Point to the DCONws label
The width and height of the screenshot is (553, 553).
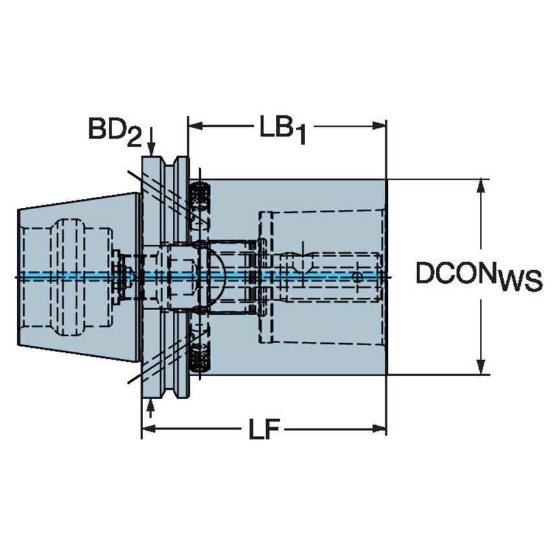coord(478,276)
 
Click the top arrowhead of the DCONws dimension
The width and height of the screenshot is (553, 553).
coord(481,186)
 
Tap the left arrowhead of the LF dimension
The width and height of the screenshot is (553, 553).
coord(148,429)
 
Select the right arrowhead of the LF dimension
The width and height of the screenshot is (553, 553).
coord(380,429)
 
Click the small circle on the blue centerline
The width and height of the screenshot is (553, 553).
coord(357,277)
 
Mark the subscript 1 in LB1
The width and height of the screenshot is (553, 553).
coord(299,135)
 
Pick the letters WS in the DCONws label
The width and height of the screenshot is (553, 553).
coord(519,283)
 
